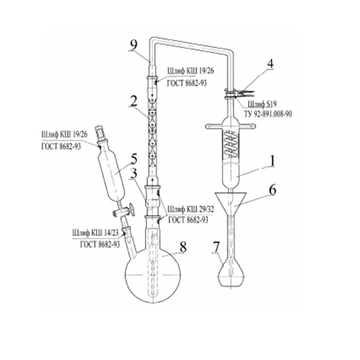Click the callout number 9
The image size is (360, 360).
click(133, 45)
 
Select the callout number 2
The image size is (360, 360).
click(133, 101)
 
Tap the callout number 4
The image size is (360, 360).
click(271, 63)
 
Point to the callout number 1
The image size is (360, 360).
click(272, 160)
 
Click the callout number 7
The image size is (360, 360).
click(216, 247)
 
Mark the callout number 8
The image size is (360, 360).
click(183, 247)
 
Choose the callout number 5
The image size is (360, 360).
click(134, 159)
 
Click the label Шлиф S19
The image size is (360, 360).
click(262, 104)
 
